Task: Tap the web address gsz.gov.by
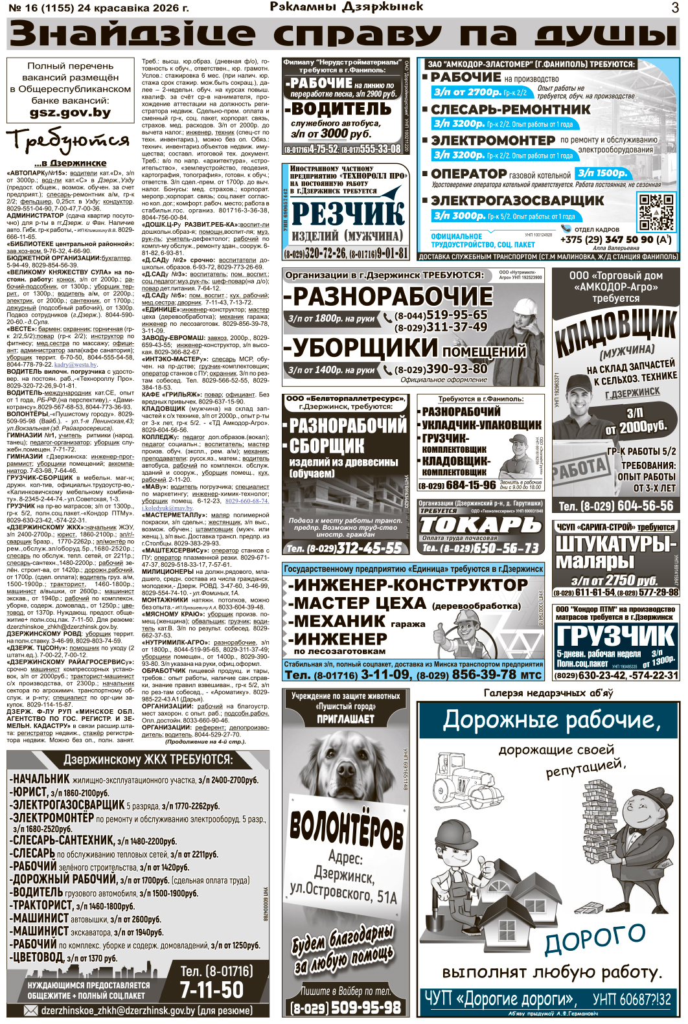[70, 113]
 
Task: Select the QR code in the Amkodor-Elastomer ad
[656, 212]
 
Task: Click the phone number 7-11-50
[211, 990]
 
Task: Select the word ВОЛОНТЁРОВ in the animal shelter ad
[346, 828]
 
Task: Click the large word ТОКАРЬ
[479, 525]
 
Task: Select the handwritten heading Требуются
[67, 140]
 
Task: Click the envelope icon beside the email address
[30, 1010]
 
